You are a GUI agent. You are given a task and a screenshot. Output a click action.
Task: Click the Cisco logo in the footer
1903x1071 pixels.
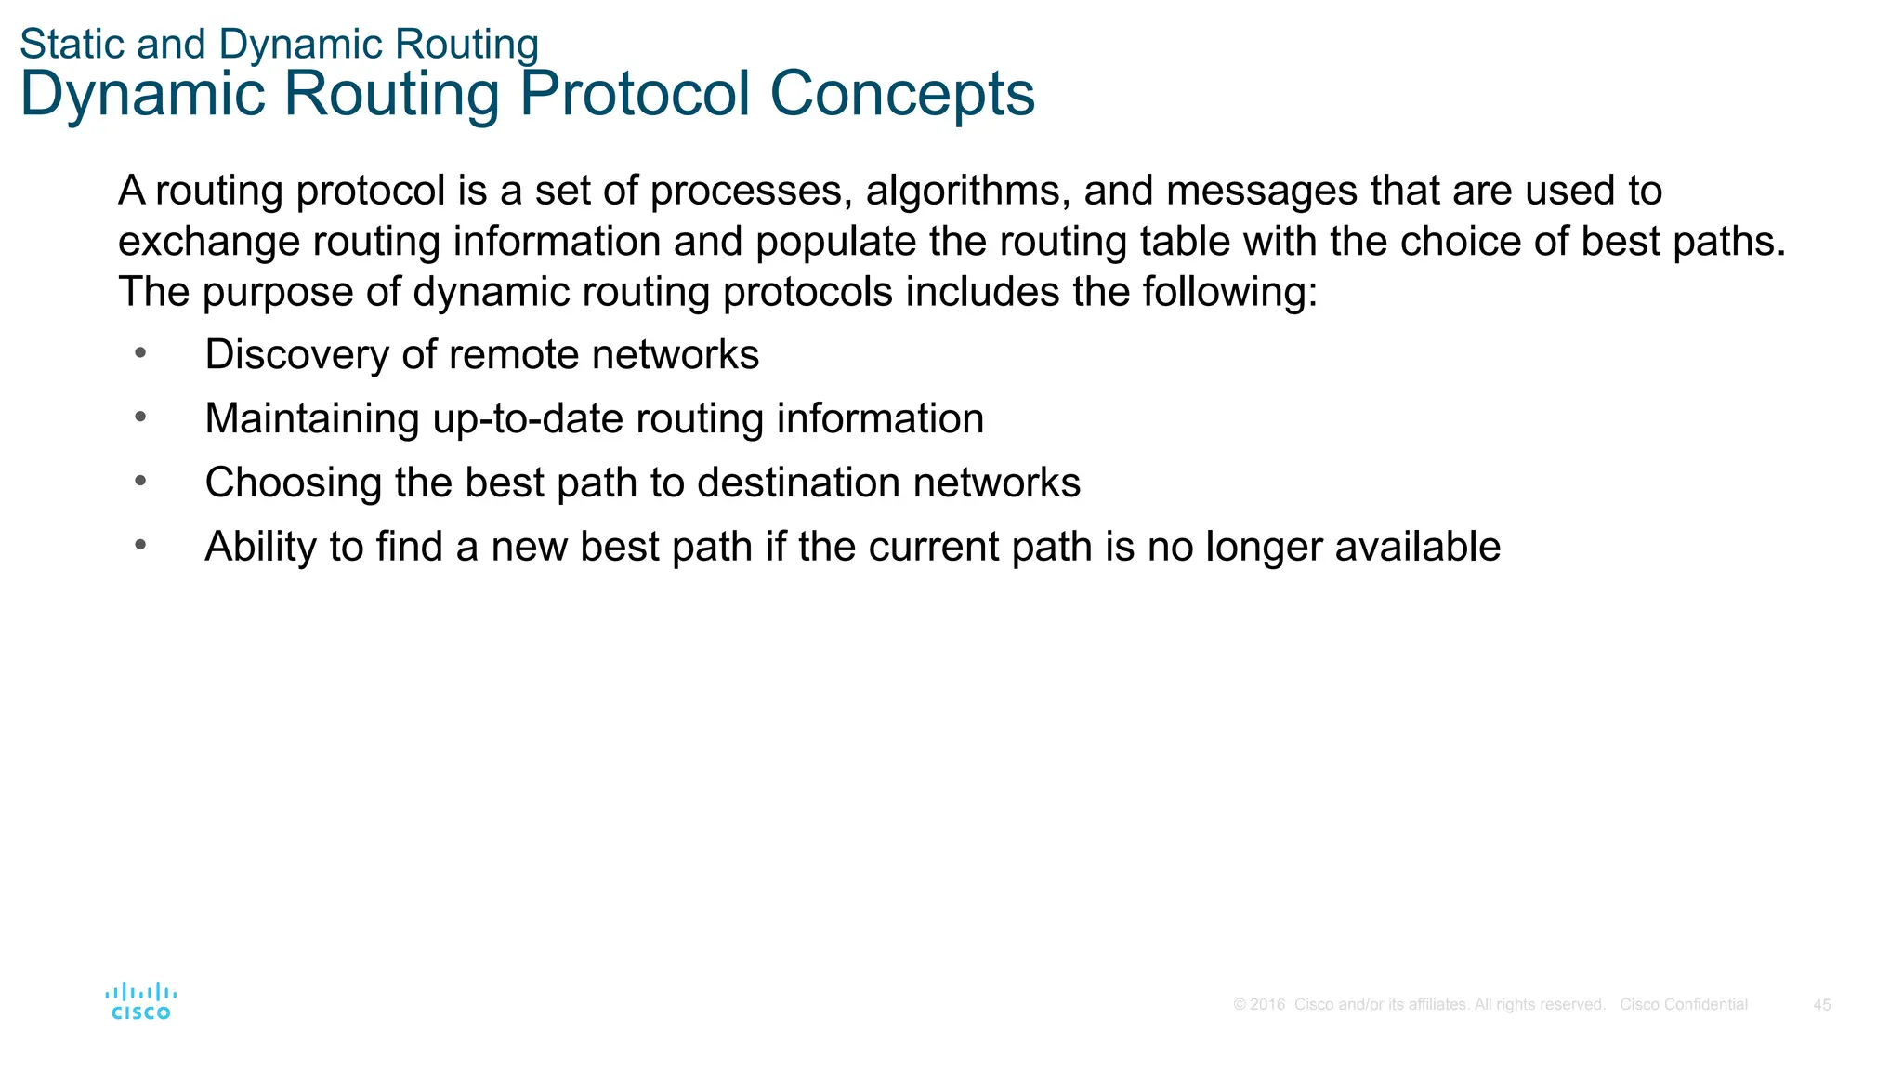click(140, 1001)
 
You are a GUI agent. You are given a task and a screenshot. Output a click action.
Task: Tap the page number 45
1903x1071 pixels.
click(1821, 1005)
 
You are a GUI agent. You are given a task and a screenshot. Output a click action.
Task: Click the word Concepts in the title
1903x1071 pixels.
click(902, 94)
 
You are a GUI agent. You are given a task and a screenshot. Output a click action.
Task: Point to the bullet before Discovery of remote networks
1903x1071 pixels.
click(140, 352)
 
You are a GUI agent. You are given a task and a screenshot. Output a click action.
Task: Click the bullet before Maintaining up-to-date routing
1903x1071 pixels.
click(140, 416)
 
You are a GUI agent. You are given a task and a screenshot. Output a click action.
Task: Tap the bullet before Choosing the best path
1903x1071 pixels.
click(140, 481)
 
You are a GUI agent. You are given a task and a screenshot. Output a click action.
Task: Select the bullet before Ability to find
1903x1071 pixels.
click(140, 545)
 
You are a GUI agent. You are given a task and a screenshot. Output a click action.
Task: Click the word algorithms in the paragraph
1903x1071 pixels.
click(967, 192)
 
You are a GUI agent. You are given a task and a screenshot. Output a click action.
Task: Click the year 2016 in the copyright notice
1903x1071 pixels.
click(1267, 1005)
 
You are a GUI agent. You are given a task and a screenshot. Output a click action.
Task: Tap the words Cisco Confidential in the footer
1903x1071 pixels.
click(1683, 1005)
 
